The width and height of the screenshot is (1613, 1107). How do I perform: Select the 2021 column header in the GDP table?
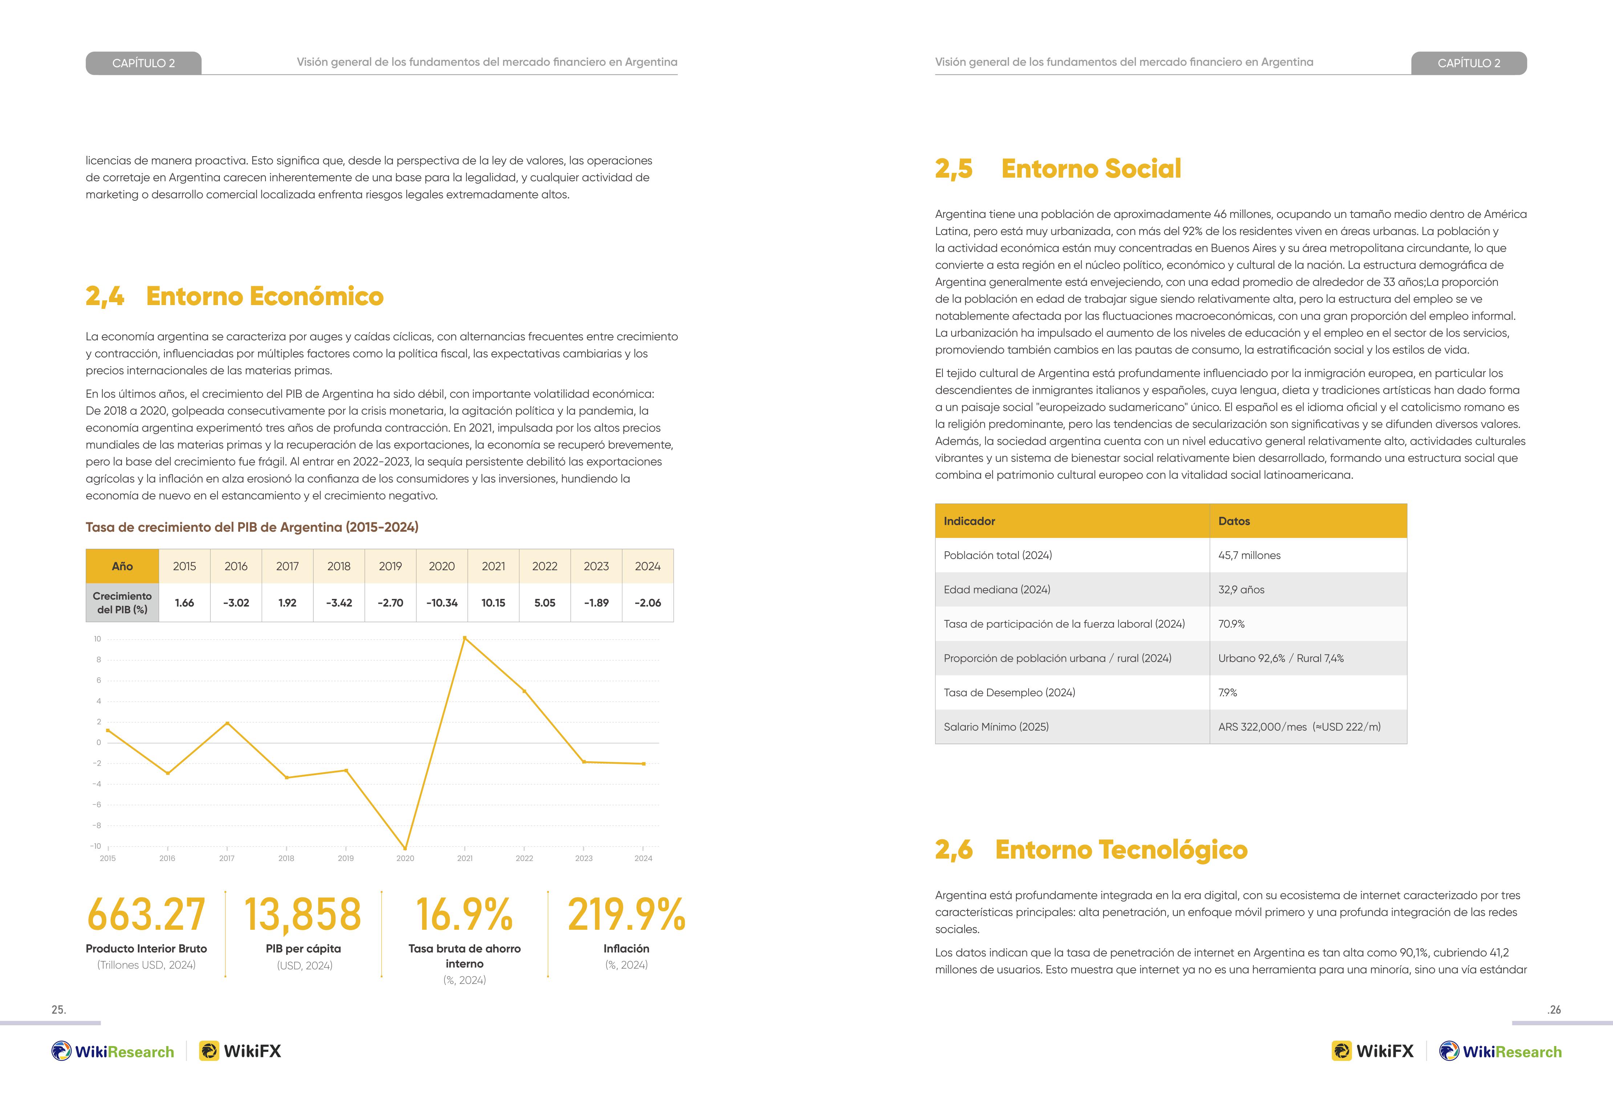[494, 566]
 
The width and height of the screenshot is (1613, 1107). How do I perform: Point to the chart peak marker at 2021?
[464, 638]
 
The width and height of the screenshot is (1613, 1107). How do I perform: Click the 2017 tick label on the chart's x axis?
[227, 859]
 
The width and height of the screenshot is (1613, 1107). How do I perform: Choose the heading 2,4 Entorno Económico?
[235, 296]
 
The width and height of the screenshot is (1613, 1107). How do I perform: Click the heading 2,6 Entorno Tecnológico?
[1091, 850]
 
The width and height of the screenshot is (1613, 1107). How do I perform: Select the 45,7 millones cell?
[1249, 555]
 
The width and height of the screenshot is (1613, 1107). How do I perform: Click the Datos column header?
[1234, 521]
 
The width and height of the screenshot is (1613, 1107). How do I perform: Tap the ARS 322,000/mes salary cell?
[1299, 727]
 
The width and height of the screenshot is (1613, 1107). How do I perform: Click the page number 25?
[59, 1010]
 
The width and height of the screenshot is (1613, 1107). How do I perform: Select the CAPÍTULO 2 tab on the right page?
[1469, 63]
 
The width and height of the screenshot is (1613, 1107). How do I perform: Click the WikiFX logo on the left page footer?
[240, 1051]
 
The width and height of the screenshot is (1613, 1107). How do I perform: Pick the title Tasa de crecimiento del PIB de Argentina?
[252, 527]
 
